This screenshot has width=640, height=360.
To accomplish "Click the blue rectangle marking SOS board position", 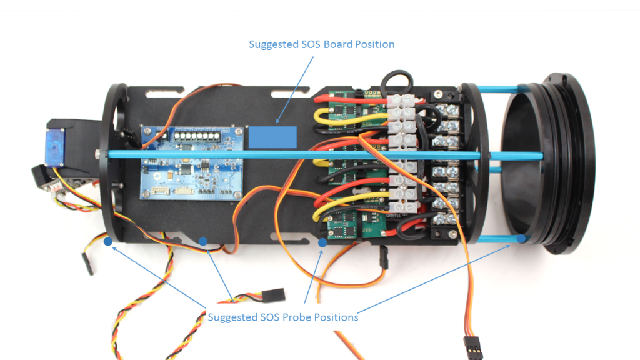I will click(x=273, y=137).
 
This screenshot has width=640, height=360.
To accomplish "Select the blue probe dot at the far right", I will click(x=521, y=238).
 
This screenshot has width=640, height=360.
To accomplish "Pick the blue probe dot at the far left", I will click(x=108, y=240).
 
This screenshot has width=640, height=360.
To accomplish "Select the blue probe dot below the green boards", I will click(x=322, y=242).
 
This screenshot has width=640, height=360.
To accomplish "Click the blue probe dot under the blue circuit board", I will click(x=202, y=240).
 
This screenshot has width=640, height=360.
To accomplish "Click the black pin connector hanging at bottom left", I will click(x=87, y=264).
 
